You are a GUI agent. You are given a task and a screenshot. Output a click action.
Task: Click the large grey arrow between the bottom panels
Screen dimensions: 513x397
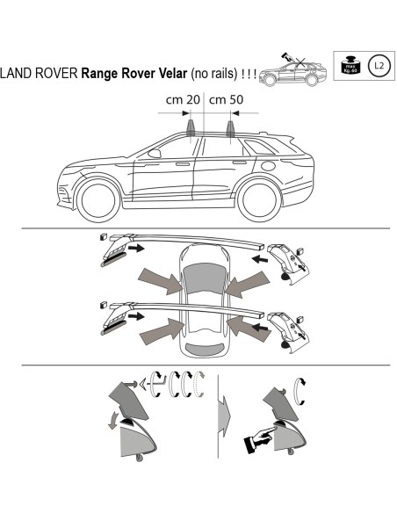point(225,411)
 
